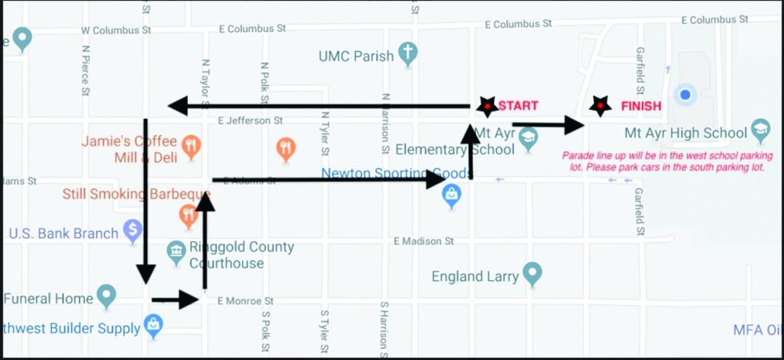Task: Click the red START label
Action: coord(518,106)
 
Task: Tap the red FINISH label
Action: coord(640,106)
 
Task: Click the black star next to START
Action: coord(487,106)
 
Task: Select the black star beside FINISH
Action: coord(600,106)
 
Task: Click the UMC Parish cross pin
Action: coord(408,54)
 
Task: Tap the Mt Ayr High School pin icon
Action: coord(760,131)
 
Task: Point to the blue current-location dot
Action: coord(685,95)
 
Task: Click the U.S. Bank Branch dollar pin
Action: coord(133,231)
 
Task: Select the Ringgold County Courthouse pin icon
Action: coord(176,252)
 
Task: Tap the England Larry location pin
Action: coord(532,274)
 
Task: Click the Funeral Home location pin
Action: coord(106,296)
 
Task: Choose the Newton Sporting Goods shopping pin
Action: coord(451,195)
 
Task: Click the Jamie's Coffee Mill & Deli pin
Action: coord(191,147)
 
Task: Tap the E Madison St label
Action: coord(424,241)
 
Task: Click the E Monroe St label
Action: coord(245,301)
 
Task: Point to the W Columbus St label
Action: coord(116,30)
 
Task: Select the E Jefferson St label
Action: coord(250,120)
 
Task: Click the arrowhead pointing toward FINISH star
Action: coord(574,125)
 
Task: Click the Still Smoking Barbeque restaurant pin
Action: coord(189,216)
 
